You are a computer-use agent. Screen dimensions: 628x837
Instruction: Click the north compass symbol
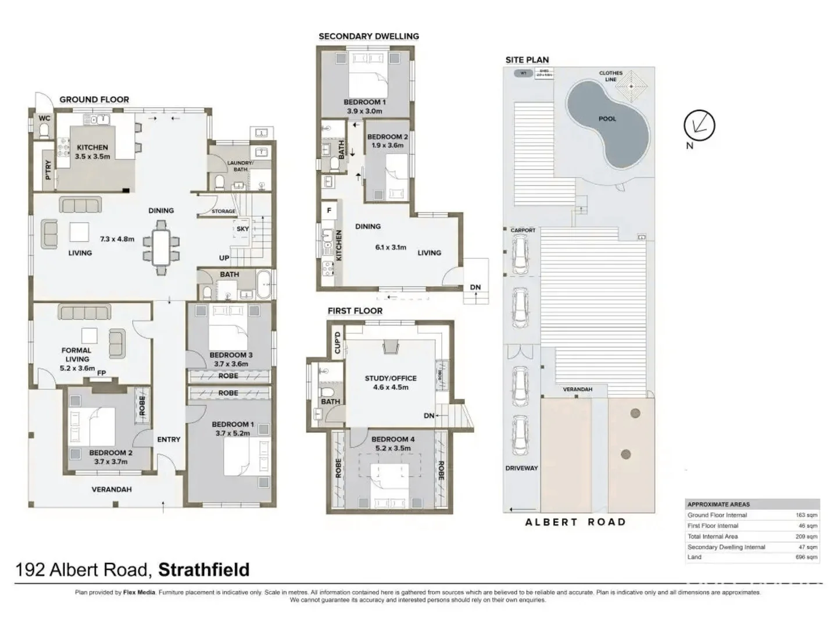[x=699, y=125]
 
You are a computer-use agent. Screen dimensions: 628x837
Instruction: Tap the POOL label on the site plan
[x=607, y=119]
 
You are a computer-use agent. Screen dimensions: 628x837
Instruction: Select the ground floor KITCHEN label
[x=92, y=148]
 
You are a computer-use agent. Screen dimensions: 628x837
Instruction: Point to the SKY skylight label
[x=242, y=229]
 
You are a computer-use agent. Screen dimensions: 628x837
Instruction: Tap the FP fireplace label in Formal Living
[x=102, y=373]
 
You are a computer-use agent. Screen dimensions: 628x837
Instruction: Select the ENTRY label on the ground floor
[x=169, y=440]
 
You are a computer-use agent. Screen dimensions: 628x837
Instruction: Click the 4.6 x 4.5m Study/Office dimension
[x=391, y=387]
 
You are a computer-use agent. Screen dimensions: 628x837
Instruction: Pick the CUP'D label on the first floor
[x=337, y=342]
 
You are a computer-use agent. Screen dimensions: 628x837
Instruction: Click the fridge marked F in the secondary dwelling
[x=330, y=210]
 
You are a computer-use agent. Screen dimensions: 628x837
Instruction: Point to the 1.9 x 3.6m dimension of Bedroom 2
[x=388, y=145]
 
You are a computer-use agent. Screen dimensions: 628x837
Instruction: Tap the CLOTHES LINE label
[x=610, y=76]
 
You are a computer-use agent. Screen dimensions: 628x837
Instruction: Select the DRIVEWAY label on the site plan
[x=521, y=468]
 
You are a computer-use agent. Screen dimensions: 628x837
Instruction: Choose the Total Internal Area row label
[x=713, y=536]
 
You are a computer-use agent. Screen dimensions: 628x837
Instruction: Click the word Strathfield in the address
[x=203, y=569]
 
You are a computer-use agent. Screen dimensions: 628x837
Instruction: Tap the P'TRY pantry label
[x=48, y=169]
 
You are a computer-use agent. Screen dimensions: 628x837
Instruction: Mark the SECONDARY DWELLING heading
[x=369, y=36]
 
